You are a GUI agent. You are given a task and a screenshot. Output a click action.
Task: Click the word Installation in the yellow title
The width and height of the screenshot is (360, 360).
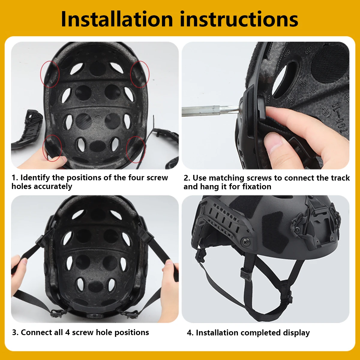click(x=117, y=19)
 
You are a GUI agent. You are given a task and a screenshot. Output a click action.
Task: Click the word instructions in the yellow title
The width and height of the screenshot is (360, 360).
click(x=239, y=19)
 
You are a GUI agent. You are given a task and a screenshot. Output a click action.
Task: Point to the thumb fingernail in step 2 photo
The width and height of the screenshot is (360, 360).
click(x=273, y=142)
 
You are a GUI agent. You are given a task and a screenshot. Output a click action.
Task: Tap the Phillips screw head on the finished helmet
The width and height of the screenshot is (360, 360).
click(x=246, y=242)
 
